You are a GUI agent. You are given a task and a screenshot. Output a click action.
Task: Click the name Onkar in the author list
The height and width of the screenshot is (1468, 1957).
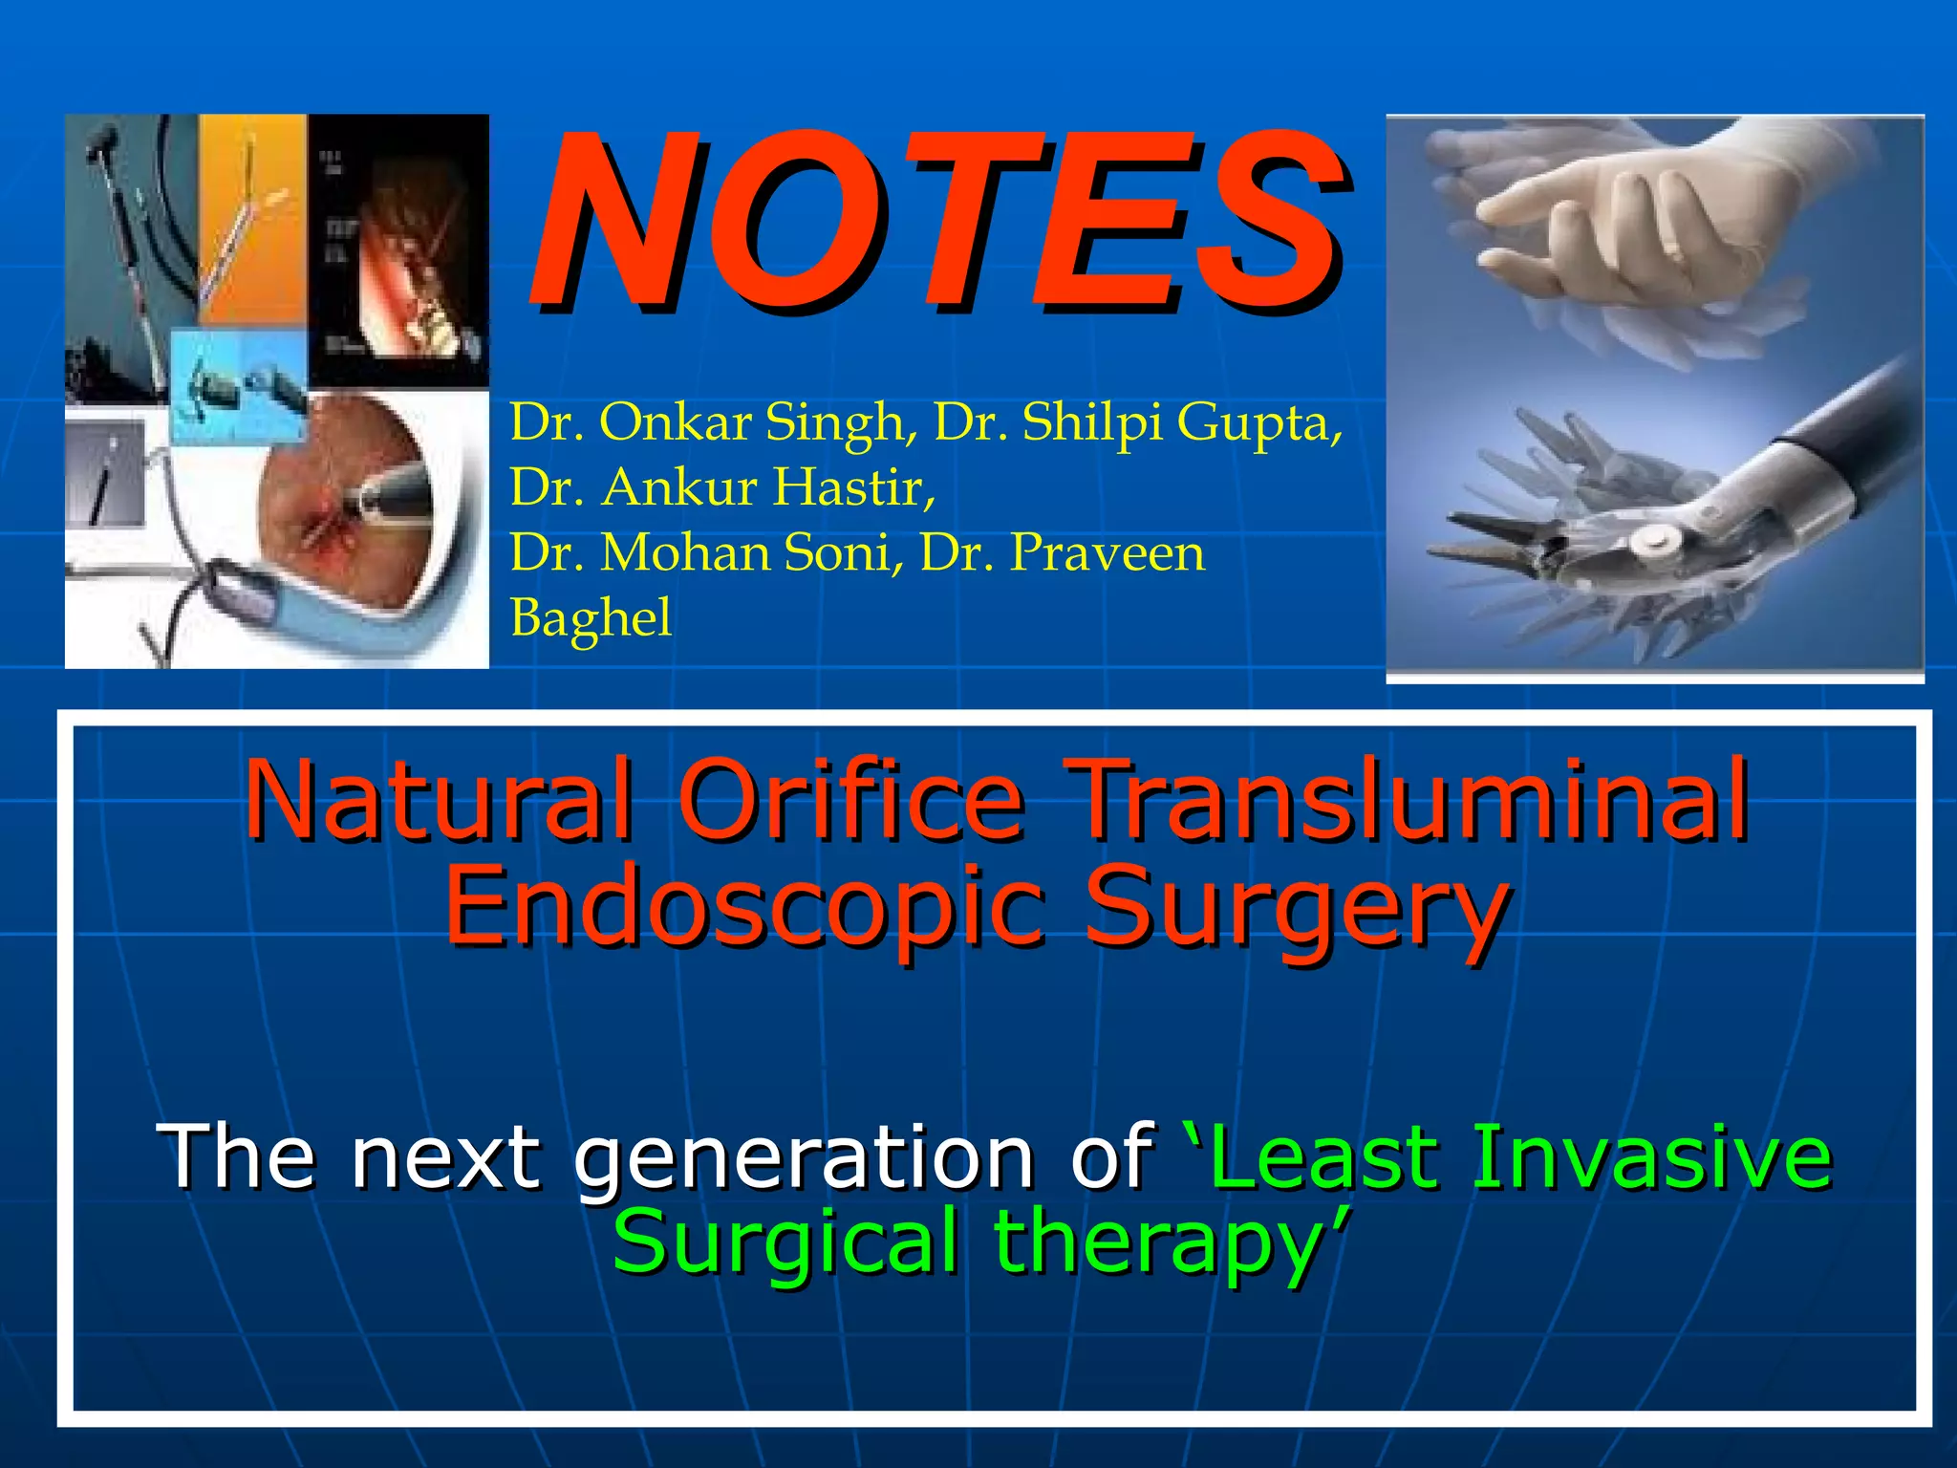point(675,422)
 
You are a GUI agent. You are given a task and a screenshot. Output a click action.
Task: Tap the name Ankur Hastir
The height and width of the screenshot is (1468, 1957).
point(722,487)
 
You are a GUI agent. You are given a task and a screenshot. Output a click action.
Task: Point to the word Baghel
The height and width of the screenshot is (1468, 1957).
point(591,618)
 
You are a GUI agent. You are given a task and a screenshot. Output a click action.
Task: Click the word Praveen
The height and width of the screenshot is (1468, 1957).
point(1108,552)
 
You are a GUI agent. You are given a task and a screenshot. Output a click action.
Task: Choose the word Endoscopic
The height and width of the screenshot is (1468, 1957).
point(744,905)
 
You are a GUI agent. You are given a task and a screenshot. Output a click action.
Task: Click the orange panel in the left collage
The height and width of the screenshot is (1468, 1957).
point(252,220)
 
